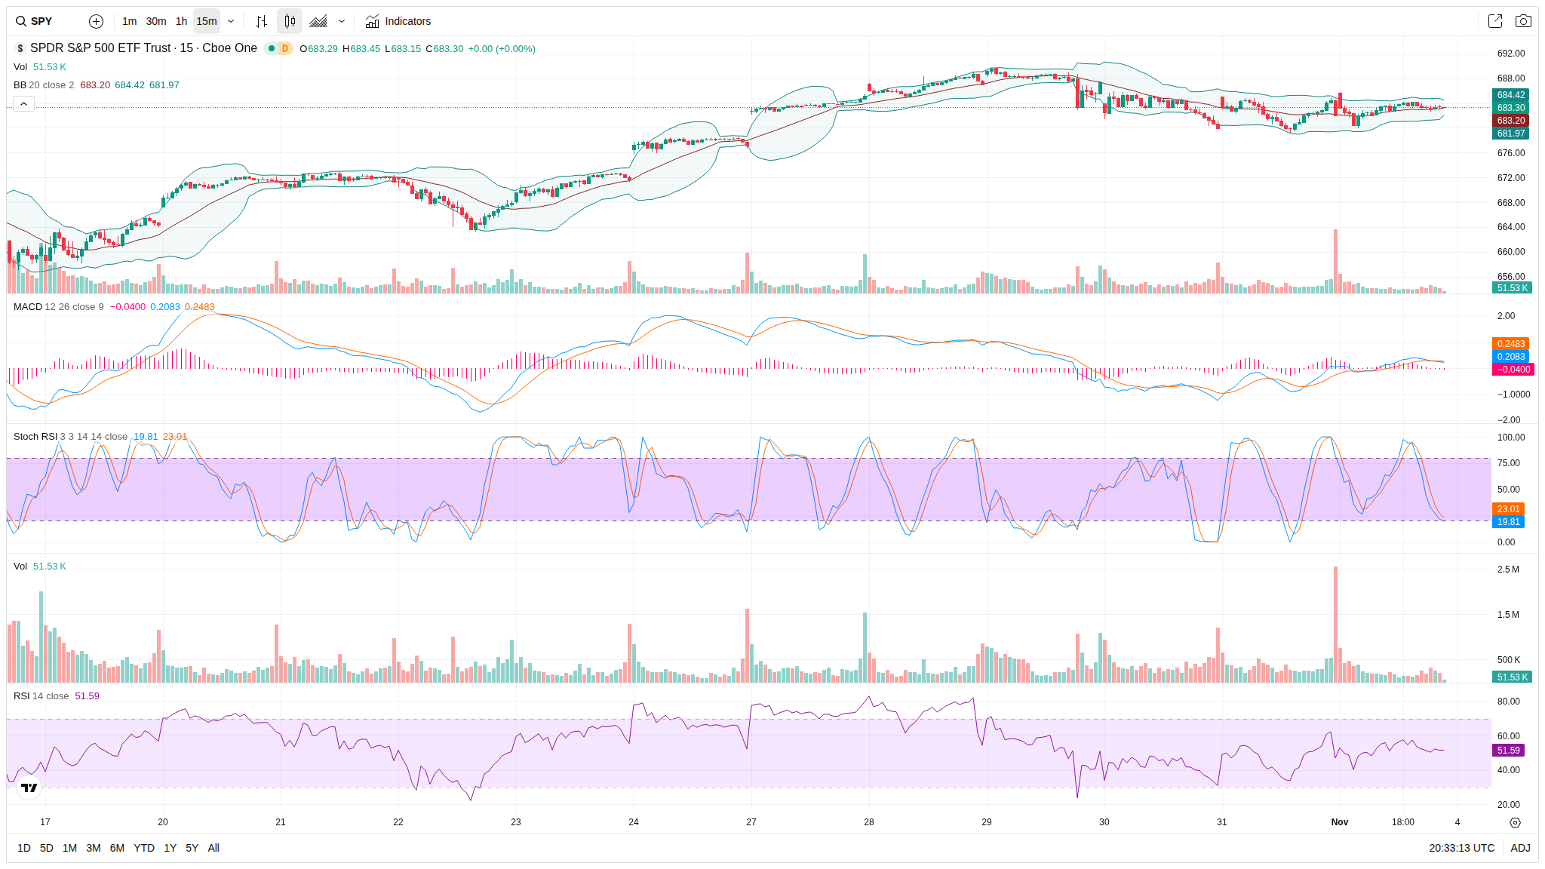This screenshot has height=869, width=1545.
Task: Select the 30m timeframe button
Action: [x=156, y=21]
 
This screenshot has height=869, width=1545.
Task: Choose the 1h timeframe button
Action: [x=181, y=21]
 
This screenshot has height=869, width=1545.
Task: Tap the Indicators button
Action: [x=398, y=21]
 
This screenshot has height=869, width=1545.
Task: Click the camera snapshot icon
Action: [x=1523, y=21]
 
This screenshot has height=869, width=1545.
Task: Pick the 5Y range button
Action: [x=192, y=848]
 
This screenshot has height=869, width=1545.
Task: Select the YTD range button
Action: [x=144, y=848]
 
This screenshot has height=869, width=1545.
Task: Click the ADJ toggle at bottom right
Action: [x=1520, y=848]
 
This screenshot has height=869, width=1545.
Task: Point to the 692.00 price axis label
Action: [x=1511, y=54]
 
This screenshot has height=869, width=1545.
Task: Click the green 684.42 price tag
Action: [x=1511, y=95]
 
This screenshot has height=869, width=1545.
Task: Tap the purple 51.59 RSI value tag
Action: [x=1509, y=751]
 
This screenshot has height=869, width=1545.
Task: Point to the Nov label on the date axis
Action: [x=1340, y=822]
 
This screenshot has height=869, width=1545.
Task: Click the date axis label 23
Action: [x=516, y=822]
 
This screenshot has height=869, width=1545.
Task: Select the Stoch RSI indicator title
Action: [x=35, y=437]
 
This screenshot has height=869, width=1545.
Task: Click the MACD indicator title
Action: [x=28, y=307]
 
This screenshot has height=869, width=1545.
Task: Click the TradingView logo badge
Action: [x=29, y=788]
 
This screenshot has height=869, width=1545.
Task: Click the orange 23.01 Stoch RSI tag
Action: [x=1509, y=509]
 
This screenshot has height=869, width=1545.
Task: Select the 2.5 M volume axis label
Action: [x=1508, y=570]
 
